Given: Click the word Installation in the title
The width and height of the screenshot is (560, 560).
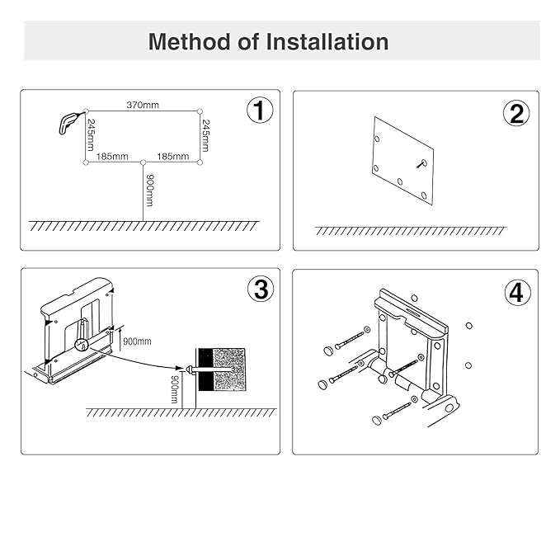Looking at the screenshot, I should point(327,42).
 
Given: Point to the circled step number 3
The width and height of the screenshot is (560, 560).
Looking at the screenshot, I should point(260,289).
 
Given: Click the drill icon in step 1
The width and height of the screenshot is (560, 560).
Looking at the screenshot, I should point(69,121).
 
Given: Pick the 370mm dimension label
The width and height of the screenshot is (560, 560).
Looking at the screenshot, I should point(143,105).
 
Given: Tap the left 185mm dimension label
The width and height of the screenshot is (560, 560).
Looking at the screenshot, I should point(112,155).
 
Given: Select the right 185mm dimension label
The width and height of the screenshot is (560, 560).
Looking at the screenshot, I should point(172,155).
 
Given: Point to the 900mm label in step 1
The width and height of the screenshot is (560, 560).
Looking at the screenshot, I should point(150,190).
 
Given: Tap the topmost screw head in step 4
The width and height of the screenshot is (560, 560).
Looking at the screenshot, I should point(326,349).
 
